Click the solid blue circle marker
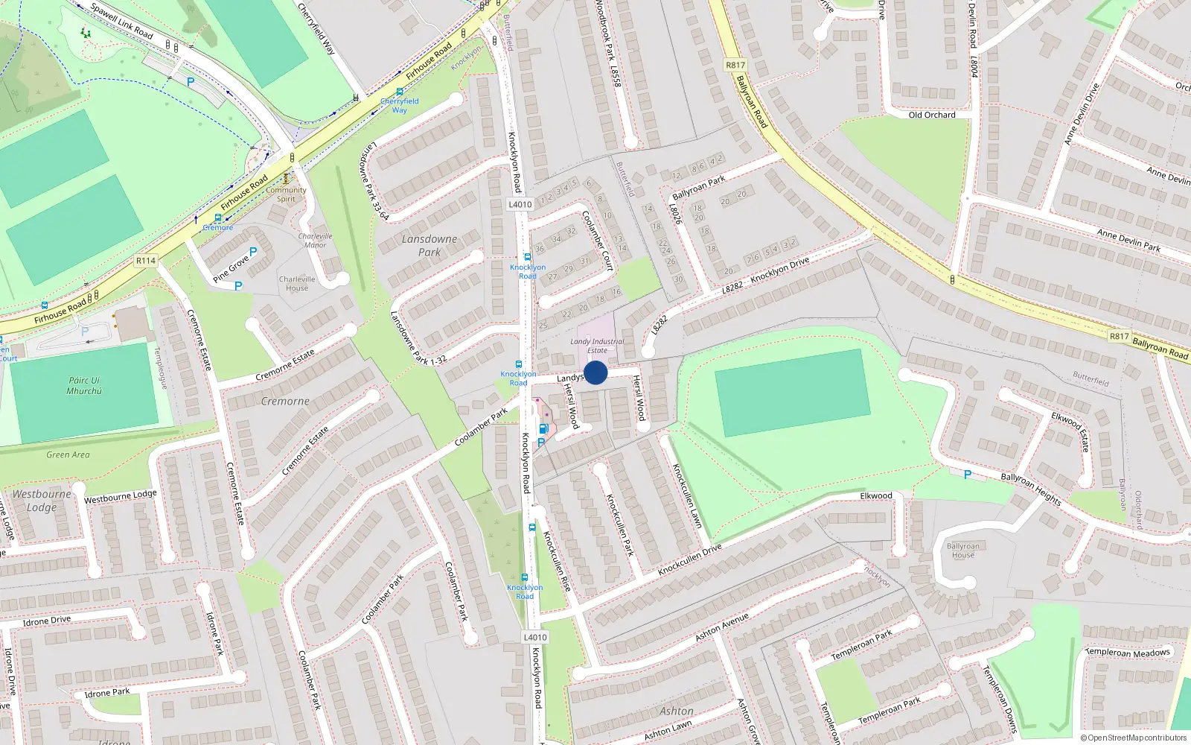pos(595,372)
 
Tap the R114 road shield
pos(146,261)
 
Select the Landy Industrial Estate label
pos(597,346)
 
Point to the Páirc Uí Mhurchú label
pos(84,385)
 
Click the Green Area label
pos(68,454)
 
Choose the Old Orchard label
pos(932,115)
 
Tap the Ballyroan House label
pos(963,551)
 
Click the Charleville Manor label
pos(315,240)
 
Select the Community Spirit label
pos(287,194)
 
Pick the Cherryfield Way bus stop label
pos(400,105)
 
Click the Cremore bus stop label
pos(218,227)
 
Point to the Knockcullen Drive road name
pos(689,559)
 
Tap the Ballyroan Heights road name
pos(1031,489)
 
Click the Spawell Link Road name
pos(121,21)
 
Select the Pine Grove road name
pos(231,269)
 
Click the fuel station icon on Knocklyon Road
pos(543,428)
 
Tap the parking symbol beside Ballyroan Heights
pos(967,475)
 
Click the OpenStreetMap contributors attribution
pos(1134,738)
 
